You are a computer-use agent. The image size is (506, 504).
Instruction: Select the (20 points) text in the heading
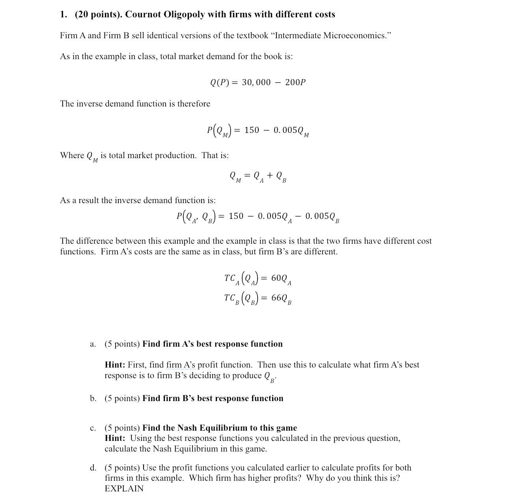coord(98,15)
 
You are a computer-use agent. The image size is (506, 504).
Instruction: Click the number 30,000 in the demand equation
coord(256,82)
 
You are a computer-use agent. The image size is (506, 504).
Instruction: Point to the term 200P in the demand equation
coord(295,82)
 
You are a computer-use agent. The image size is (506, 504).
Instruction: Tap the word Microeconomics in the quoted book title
coord(355,35)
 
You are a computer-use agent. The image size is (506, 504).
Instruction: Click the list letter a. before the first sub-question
coord(93,344)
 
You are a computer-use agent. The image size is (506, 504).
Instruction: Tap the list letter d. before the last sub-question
coord(93,468)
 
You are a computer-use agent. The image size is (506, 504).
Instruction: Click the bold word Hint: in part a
coord(115,365)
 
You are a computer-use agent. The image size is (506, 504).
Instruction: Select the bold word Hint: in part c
coord(115,438)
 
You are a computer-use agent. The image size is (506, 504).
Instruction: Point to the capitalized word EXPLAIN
coord(124,489)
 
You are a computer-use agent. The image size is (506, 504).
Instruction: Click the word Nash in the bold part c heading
coord(187,428)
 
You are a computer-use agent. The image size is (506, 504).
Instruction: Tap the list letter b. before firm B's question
coord(93,398)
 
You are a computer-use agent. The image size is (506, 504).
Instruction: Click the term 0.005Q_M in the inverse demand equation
coord(291,131)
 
